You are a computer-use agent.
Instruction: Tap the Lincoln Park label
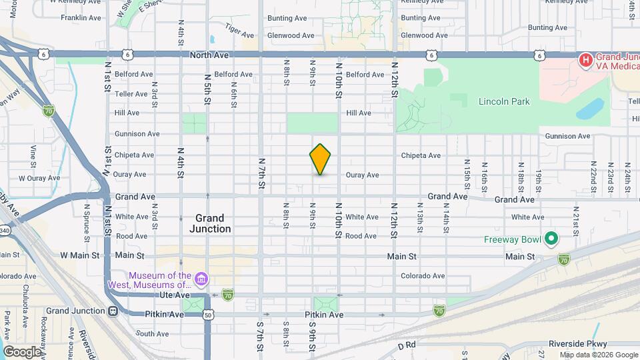point(504,101)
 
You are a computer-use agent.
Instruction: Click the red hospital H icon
point(585,61)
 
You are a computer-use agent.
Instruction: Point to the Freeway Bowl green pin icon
point(551,238)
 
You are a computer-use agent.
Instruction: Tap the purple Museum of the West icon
point(201,278)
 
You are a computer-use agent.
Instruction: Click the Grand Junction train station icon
point(113,311)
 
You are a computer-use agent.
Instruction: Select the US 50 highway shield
point(208,315)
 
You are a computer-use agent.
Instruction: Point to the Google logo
point(21,351)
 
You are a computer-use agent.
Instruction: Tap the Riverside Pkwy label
point(575,344)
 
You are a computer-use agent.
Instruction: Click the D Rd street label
point(406,346)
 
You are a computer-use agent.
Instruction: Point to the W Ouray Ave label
point(35,178)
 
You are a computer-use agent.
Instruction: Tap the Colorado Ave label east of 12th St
point(423,276)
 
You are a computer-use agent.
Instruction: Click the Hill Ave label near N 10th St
point(359,113)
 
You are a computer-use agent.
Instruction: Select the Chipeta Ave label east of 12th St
point(421,155)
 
